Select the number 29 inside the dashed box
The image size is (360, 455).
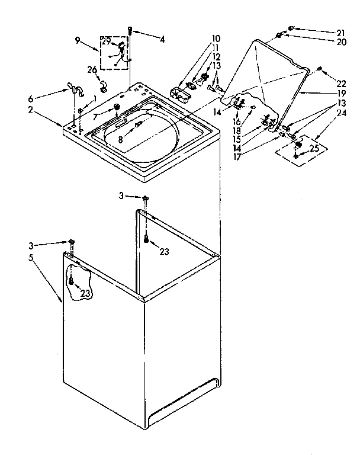(106, 41)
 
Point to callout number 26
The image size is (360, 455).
(92, 70)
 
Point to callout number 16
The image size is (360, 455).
(237, 121)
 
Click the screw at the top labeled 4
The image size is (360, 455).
(130, 29)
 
